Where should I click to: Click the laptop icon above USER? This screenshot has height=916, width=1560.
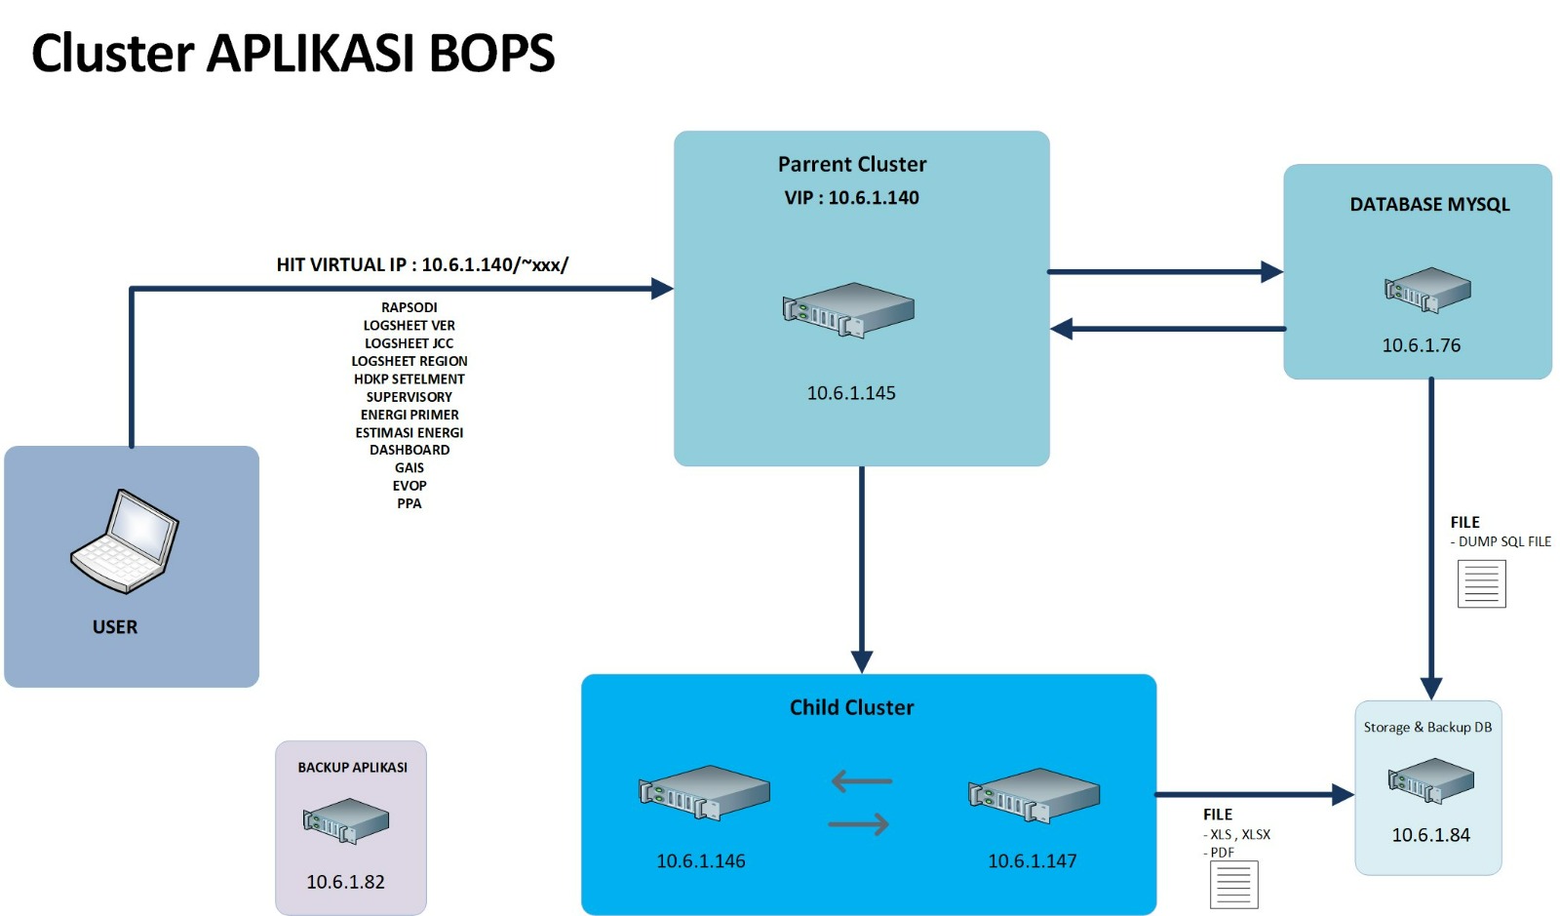pos(125,541)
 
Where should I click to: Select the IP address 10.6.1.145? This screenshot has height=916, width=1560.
pos(851,393)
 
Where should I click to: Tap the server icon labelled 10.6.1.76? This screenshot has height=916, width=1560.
pos(1427,290)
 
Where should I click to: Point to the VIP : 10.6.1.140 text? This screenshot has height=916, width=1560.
pos(851,198)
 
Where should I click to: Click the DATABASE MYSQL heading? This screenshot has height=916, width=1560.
pos(1429,205)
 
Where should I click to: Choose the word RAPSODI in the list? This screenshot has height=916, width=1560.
pos(409,307)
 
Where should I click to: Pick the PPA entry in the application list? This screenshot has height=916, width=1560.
pos(409,503)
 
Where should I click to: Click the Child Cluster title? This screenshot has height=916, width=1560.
pos(851,707)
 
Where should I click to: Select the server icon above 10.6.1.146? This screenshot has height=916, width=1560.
pos(704,791)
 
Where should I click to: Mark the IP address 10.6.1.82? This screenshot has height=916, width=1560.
pos(345,882)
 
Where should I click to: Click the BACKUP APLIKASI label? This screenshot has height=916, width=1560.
pos(352,768)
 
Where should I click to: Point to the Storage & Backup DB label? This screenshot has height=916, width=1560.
pos(1427,728)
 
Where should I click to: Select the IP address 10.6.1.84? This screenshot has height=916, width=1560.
pos(1430,835)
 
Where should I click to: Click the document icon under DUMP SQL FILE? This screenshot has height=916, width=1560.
pos(1481,583)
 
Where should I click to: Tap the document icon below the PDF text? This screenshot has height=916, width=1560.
pos(1233,884)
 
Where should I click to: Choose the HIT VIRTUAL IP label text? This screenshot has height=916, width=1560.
pos(422,264)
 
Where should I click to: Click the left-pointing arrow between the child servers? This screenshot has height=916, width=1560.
pos(862,781)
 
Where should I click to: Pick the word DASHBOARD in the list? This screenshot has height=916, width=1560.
pos(409,450)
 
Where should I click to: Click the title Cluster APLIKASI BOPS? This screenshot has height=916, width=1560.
pos(292,54)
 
